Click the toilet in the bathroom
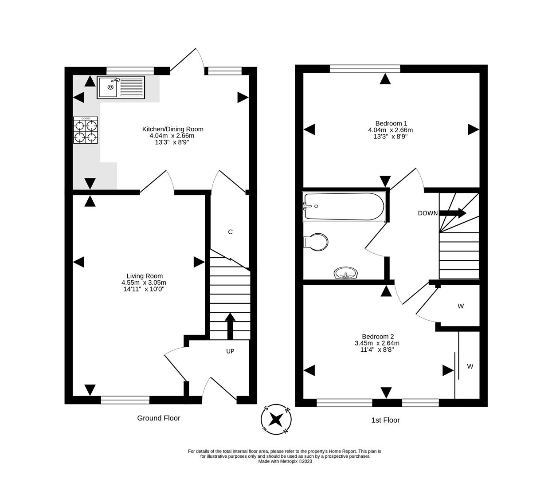click(316, 242)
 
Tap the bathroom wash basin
click(346, 273)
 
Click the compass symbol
click(276, 419)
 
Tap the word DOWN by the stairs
click(427, 213)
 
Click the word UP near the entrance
click(230, 351)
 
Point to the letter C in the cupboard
click(230, 232)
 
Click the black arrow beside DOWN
click(452, 213)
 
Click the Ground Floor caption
click(159, 418)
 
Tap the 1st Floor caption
click(385, 420)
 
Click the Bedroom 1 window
click(365, 68)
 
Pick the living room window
click(125, 400)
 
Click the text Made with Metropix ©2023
click(286, 461)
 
